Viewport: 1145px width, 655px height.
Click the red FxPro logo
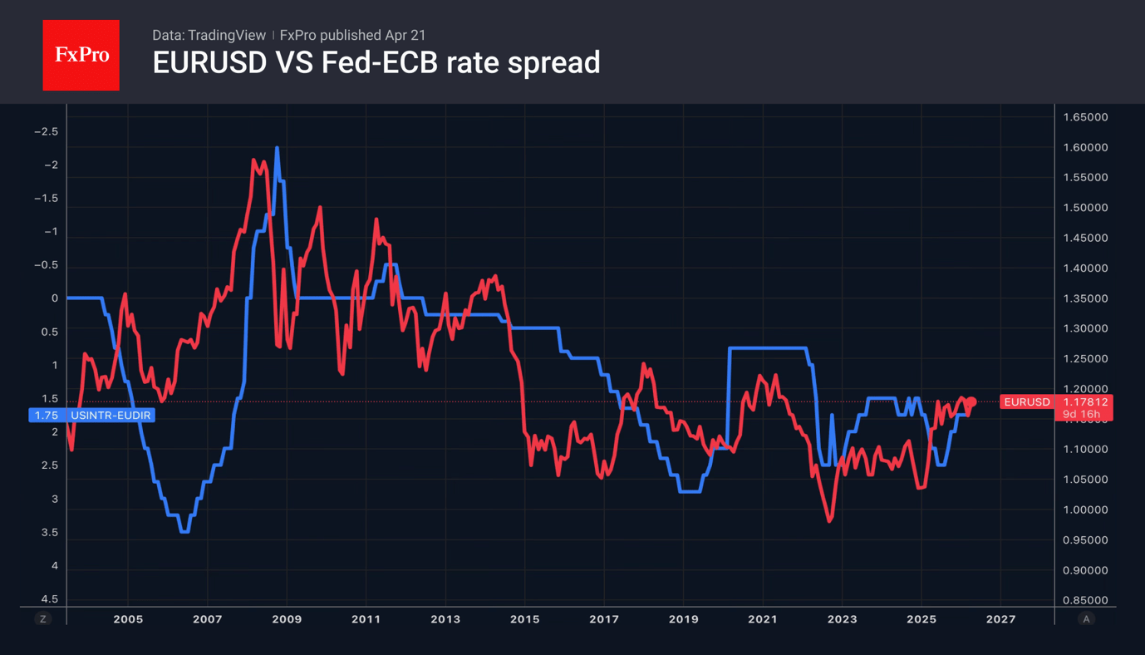click(81, 56)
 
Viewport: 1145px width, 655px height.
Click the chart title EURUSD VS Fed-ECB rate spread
click(376, 62)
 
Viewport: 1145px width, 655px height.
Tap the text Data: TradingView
click(209, 35)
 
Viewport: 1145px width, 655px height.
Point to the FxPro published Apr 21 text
click(352, 35)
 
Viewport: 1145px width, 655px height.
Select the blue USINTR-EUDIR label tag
click(91, 415)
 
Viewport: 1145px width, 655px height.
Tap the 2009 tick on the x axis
click(287, 619)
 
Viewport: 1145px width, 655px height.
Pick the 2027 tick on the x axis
click(1000, 619)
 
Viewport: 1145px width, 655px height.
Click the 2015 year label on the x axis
click(524, 619)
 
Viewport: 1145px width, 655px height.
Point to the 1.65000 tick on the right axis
click(1085, 117)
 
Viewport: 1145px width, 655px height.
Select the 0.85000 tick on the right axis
click(1085, 600)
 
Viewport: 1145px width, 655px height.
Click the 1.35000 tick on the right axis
click(1085, 298)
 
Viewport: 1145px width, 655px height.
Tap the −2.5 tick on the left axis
click(46, 131)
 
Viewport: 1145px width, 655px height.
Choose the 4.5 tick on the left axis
click(49, 599)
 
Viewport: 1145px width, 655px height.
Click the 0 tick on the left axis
click(55, 298)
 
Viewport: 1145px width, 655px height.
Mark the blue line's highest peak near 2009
click(277, 148)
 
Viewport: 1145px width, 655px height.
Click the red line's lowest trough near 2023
click(829, 521)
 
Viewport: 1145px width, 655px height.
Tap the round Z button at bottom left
click(42, 619)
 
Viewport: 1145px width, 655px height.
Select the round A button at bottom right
click(1085, 619)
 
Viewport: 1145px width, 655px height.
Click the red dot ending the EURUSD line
click(971, 402)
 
